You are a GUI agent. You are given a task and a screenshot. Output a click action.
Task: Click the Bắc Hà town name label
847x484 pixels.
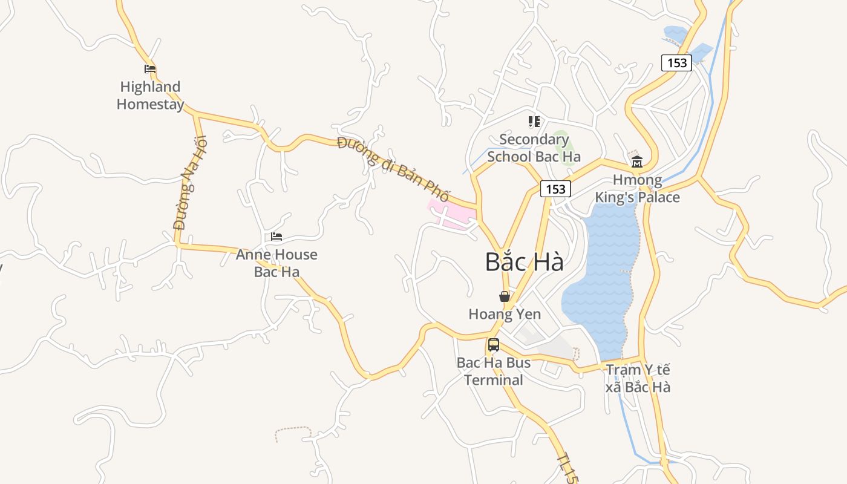point(525,262)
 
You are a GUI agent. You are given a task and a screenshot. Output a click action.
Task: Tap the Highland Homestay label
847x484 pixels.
point(150,96)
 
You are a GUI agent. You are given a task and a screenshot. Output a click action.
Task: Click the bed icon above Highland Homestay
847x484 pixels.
point(150,69)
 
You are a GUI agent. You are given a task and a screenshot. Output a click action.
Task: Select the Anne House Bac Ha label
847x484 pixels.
point(276,263)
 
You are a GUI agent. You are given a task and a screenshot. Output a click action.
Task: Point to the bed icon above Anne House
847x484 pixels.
point(276,237)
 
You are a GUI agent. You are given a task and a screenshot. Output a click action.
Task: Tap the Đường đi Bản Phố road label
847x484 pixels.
point(393,170)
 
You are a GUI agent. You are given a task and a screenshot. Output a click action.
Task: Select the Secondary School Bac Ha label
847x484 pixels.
point(534,148)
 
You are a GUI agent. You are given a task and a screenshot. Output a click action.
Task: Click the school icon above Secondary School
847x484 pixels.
point(534,122)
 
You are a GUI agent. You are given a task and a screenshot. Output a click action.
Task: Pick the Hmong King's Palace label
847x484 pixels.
point(637,189)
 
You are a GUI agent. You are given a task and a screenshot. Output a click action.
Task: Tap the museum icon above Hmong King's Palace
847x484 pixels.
point(637,162)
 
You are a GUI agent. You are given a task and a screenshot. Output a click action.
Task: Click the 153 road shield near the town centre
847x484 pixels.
point(555,189)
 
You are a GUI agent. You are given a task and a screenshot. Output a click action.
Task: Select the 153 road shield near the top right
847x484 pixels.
point(676,62)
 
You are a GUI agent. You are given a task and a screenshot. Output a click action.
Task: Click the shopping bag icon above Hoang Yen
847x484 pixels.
point(504,296)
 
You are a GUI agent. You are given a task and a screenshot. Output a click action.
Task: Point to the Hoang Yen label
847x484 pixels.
point(505,315)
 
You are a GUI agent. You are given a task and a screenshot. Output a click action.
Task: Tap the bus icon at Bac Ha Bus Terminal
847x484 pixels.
point(494,345)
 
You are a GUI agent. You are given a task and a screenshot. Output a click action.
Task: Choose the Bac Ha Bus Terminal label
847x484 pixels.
point(494,371)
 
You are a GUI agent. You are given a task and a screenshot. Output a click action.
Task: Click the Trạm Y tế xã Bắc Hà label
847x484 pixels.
point(638,378)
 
